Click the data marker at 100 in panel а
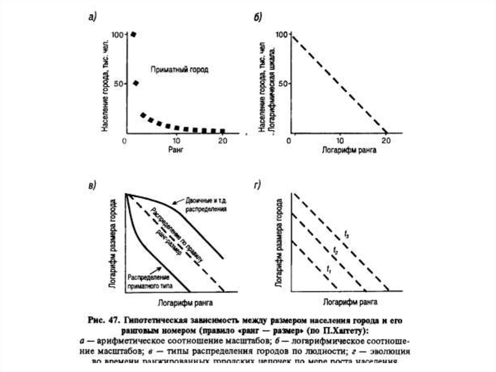coord(133,34)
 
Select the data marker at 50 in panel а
coord(136,83)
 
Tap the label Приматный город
coord(179,70)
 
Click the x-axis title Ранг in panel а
coord(175,150)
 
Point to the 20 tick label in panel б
coord(386,141)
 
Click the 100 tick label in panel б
coord(282,34)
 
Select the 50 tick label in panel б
coord(284,84)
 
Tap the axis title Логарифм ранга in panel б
coord(349,150)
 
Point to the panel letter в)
coord(92,185)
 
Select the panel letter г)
coord(257,185)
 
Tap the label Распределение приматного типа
coord(148,282)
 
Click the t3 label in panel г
coord(347,235)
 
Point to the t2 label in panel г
coord(335,250)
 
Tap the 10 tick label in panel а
coord(177,141)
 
